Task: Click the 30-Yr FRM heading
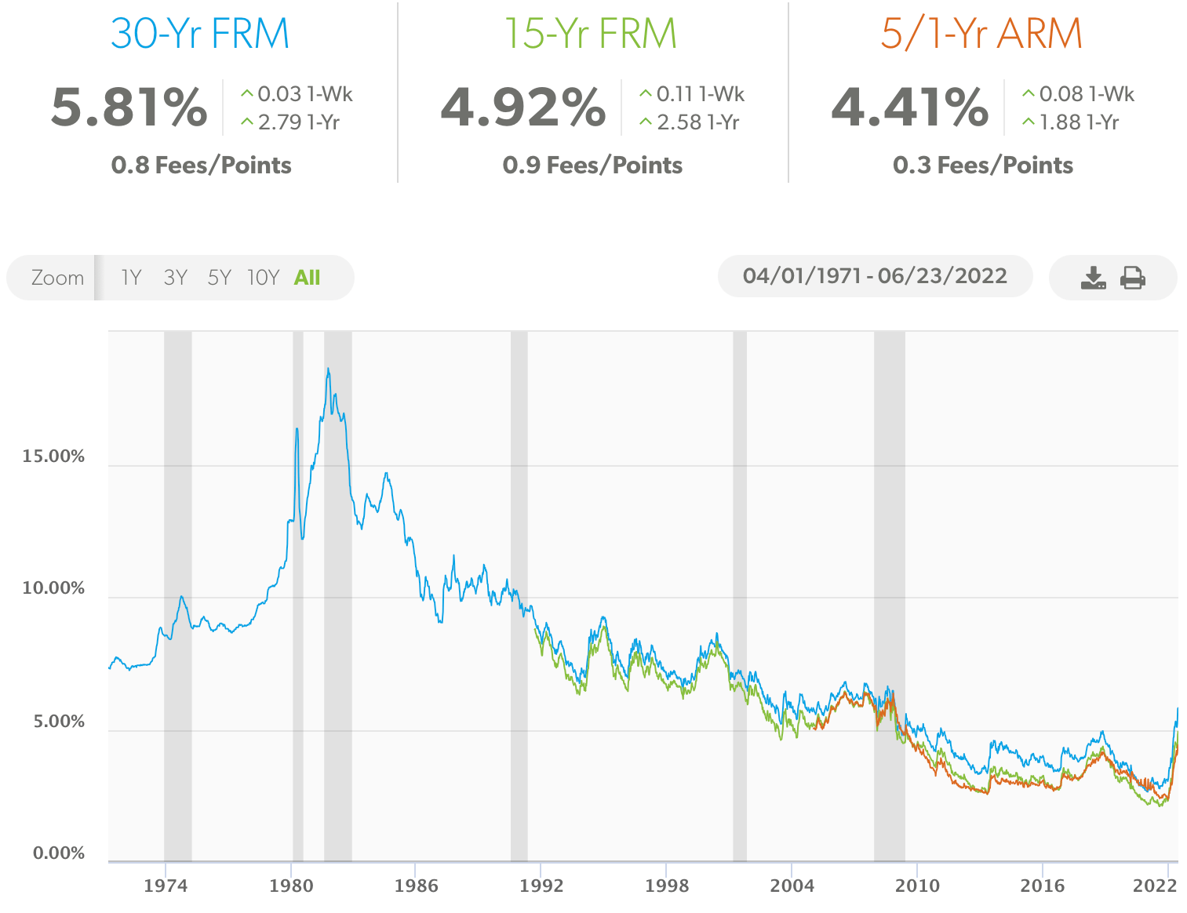click(200, 34)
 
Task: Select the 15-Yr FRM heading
click(590, 34)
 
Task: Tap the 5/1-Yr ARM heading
click(981, 34)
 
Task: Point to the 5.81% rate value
click(129, 107)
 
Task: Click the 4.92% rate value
click(523, 107)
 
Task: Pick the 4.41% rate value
click(910, 107)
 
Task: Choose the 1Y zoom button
click(131, 278)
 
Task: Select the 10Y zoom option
click(263, 278)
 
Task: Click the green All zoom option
click(307, 278)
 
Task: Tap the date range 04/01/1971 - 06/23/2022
click(875, 276)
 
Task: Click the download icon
click(1093, 278)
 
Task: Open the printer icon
click(1133, 278)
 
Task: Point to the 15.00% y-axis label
click(53, 456)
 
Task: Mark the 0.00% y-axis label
click(59, 853)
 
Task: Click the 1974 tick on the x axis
click(166, 886)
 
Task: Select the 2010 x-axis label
click(917, 886)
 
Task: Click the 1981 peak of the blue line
click(328, 369)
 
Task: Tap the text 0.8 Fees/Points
click(202, 166)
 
